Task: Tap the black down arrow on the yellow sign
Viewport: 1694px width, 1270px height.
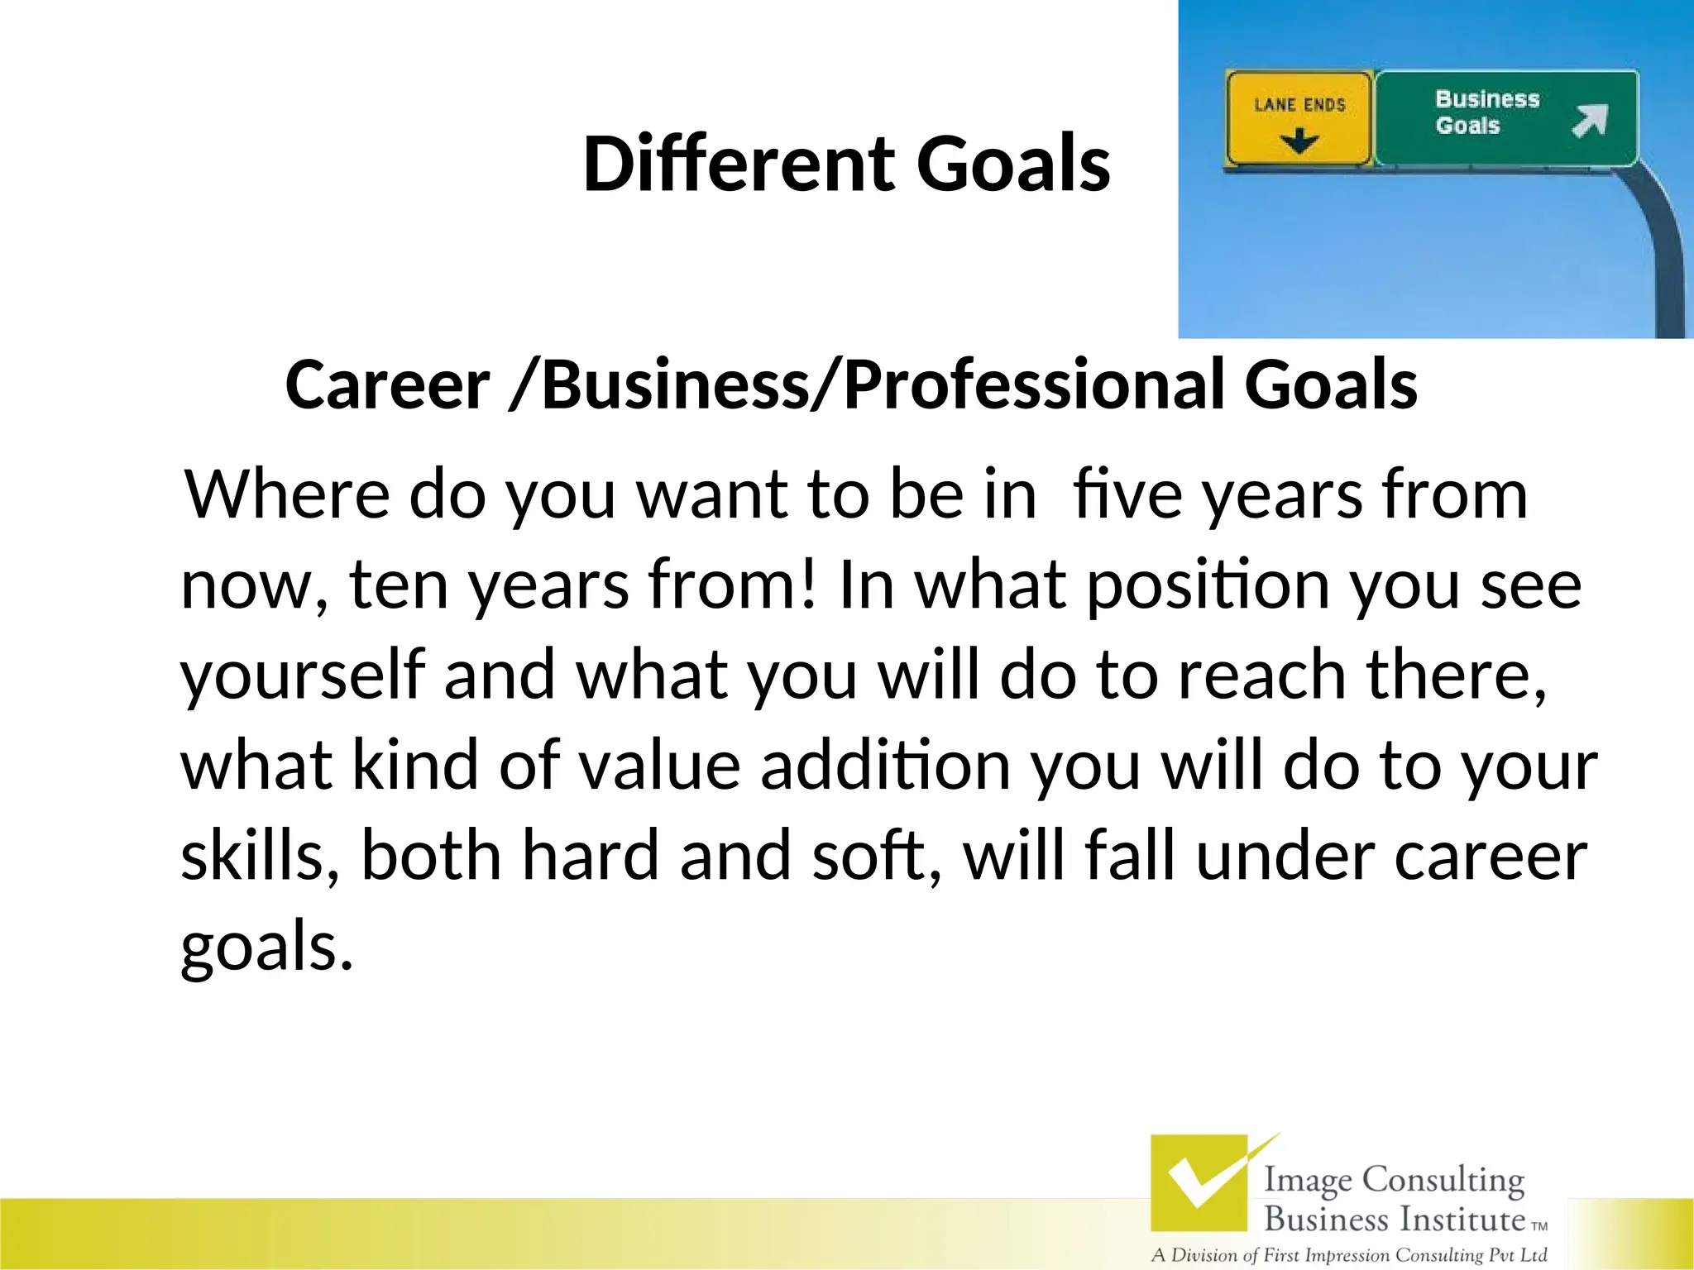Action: pos(1299,141)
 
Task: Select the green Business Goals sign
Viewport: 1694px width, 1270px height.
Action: pos(1505,117)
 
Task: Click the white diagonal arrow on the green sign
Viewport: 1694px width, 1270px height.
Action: pos(1589,122)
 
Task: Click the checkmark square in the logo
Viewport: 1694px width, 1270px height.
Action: pos(1199,1182)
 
